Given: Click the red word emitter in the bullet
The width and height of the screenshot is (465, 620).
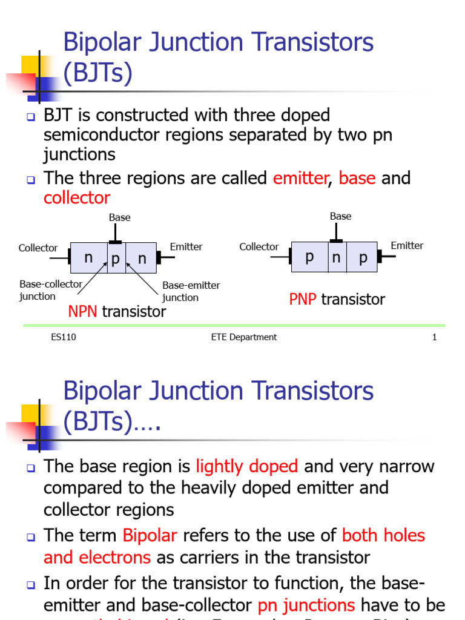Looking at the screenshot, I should (x=300, y=178).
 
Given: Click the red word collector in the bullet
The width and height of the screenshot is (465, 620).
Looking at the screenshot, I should (x=77, y=198).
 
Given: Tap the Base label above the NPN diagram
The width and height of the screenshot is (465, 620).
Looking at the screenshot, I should (x=119, y=217).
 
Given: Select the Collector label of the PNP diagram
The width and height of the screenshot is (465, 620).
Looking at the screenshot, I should (x=259, y=246).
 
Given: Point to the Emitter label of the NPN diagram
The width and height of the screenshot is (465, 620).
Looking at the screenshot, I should (x=186, y=246).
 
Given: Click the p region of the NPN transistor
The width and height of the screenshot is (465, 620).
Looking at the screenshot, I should (x=116, y=259).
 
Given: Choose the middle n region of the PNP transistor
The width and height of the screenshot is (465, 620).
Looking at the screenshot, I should (x=336, y=257).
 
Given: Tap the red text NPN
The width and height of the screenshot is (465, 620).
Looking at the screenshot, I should (x=82, y=312).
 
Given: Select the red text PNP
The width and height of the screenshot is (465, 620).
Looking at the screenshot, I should (x=303, y=299).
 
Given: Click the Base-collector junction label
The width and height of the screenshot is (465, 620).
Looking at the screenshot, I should (x=46, y=290).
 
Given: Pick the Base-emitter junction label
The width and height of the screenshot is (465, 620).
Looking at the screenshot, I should (x=191, y=291).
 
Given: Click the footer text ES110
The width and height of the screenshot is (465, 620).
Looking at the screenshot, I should (x=64, y=337).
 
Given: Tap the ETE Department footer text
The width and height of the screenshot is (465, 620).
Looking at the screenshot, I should (x=240, y=337).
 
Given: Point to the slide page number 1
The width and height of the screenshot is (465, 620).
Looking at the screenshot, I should (x=434, y=337).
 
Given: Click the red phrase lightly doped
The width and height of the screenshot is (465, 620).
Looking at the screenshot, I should (x=247, y=466).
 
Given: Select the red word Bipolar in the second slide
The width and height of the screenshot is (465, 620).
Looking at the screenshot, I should (x=150, y=535).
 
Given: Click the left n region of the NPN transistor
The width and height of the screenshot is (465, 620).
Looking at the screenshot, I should (x=88, y=258).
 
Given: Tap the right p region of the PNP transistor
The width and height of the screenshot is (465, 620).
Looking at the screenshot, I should (x=363, y=258).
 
